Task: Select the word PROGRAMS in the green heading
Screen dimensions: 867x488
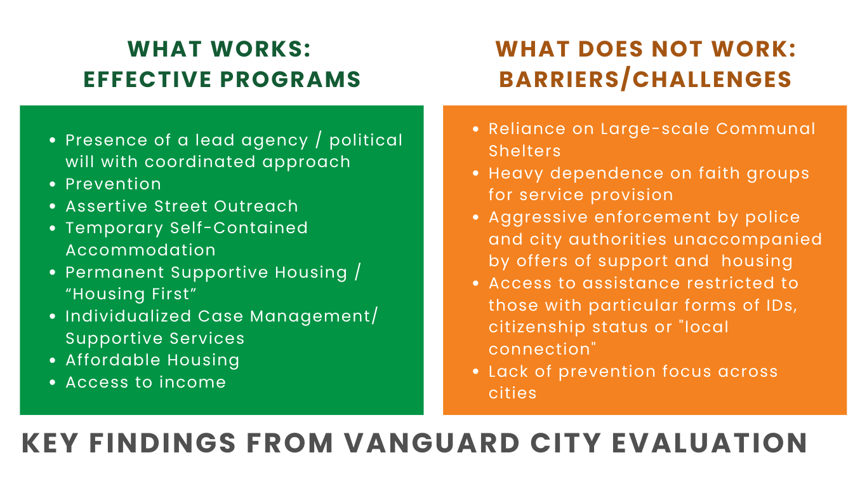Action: pos(290,79)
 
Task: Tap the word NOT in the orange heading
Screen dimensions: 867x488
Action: pos(677,49)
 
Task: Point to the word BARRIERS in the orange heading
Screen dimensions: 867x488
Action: pos(559,79)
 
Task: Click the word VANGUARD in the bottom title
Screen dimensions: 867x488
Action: pos(432,443)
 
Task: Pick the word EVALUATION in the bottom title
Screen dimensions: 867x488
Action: pos(710,443)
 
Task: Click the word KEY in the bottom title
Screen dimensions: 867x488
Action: pos(50,443)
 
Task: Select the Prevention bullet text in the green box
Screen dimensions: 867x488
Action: pos(113,184)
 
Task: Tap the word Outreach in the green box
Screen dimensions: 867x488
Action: pos(256,206)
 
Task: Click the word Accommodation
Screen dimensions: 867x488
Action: pos(140,250)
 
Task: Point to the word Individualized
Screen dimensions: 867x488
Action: pos(128,316)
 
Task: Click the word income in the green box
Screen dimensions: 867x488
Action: pos(192,382)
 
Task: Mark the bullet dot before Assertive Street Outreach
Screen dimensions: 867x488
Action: pos(53,207)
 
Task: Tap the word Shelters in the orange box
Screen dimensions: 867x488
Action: pos(524,151)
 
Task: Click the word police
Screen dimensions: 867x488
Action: pos(772,217)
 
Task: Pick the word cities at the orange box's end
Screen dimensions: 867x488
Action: pos(512,393)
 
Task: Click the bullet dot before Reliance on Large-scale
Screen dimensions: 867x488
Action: pos(476,130)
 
